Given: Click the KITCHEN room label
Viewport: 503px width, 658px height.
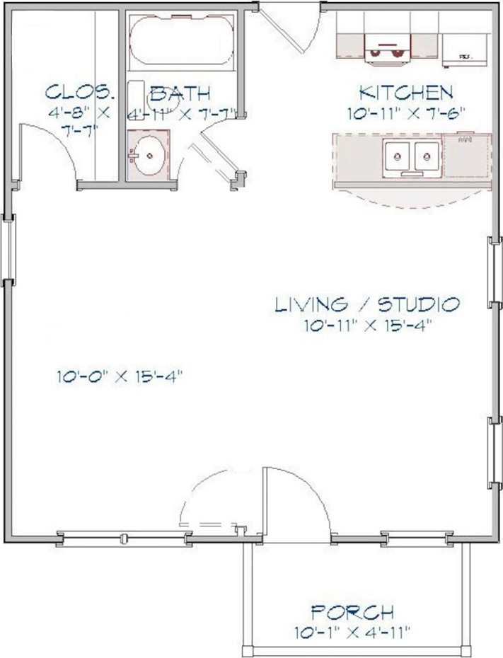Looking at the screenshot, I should point(405,93).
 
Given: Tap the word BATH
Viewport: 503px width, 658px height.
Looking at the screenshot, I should point(180,93).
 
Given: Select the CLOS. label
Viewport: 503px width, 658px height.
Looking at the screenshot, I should point(79,92).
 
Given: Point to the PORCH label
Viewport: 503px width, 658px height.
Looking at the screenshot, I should point(352,613).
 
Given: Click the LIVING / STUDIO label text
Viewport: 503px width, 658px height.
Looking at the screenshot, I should point(367,305).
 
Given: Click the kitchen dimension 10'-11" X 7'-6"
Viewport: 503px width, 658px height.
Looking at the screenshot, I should point(405,112).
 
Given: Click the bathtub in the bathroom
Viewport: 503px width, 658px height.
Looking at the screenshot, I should point(181,44).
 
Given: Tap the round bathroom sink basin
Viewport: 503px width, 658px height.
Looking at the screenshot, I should point(150,153).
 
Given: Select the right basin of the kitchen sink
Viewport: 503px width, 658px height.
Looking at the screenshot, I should point(427,153).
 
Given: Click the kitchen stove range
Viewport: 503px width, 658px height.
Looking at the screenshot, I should point(388,44).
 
